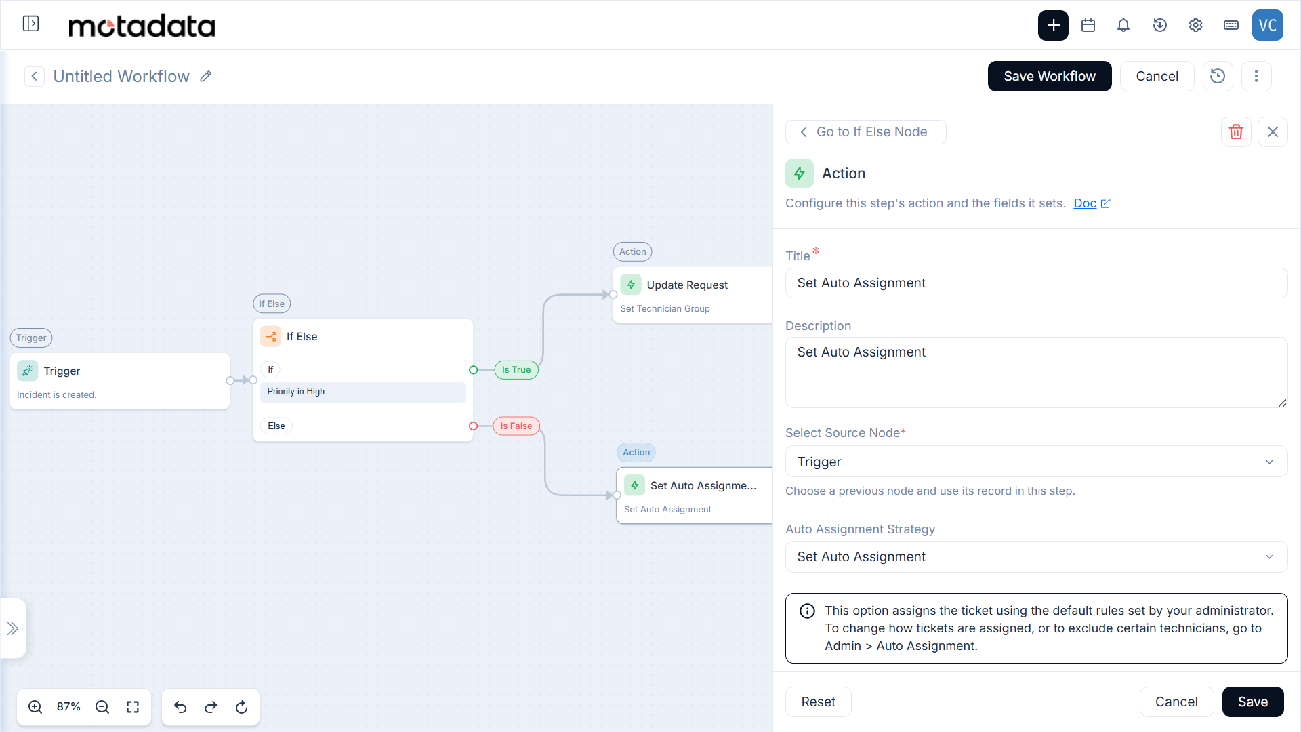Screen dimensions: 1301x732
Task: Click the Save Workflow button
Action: coord(1049,76)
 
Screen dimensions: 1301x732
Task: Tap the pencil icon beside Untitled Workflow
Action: coord(206,77)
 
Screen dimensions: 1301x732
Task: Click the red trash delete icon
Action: coord(1236,131)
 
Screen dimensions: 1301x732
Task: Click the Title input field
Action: coord(1036,283)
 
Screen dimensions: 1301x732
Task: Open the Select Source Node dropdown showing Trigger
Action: coord(1036,462)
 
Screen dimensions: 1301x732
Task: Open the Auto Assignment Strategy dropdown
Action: coord(1036,556)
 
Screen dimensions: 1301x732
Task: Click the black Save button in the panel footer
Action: coord(1252,701)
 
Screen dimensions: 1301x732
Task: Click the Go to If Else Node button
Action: coord(865,131)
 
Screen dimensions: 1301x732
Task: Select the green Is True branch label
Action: coord(516,369)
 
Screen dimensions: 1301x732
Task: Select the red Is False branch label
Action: coord(516,426)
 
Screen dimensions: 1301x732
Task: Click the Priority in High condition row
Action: coord(363,392)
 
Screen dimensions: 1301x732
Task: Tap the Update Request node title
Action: coord(687,285)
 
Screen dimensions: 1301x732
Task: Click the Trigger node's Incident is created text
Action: coord(57,394)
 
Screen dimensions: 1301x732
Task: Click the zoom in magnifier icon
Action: coord(35,707)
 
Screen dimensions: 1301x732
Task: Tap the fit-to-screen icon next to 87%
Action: coord(133,707)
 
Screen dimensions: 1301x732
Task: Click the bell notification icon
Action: coord(1123,25)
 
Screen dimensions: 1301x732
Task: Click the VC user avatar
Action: coord(1267,25)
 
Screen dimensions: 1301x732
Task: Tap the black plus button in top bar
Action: coord(1053,25)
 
